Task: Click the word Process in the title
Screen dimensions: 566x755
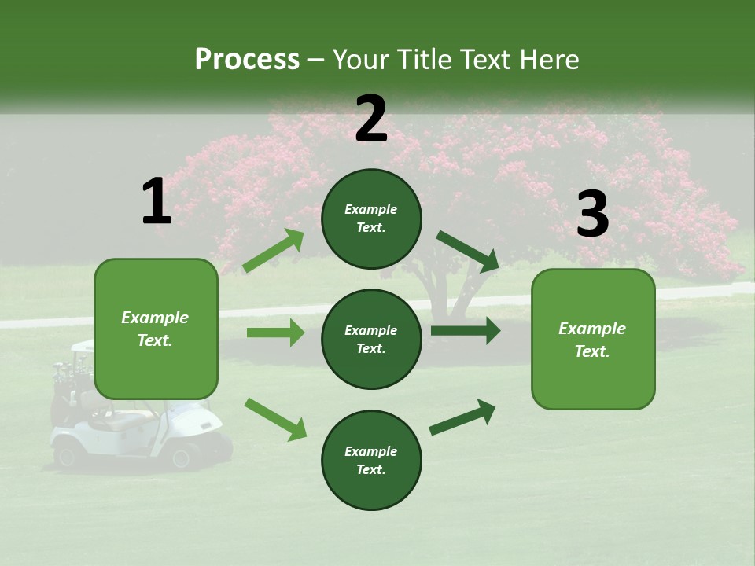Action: pyautogui.click(x=247, y=59)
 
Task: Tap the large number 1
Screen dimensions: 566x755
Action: pyautogui.click(x=157, y=202)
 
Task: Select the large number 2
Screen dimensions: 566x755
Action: pyautogui.click(x=371, y=119)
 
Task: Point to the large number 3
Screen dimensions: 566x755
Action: pyautogui.click(x=592, y=215)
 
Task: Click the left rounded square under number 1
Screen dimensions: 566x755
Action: pyautogui.click(x=156, y=329)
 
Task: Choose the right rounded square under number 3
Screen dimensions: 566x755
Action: pyautogui.click(x=593, y=339)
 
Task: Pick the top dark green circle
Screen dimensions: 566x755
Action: pyautogui.click(x=371, y=219)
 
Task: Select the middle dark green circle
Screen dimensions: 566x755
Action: pyautogui.click(x=371, y=339)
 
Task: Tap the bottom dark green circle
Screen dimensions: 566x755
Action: pyautogui.click(x=371, y=460)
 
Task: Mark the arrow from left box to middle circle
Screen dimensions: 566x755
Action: pyautogui.click(x=275, y=333)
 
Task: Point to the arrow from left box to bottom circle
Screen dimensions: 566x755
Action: pyautogui.click(x=275, y=419)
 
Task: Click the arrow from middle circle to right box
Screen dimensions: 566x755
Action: pyautogui.click(x=465, y=331)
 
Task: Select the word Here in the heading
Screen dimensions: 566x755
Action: pyautogui.click(x=551, y=59)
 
